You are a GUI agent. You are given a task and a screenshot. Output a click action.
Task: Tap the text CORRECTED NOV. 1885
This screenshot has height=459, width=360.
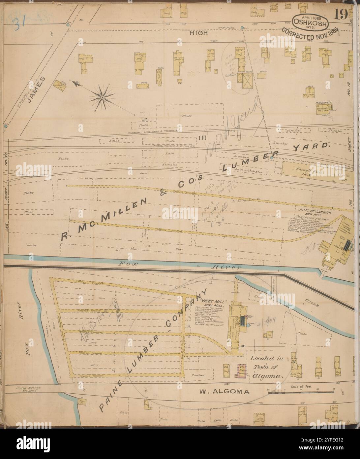pyautogui.click(x=314, y=34)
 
